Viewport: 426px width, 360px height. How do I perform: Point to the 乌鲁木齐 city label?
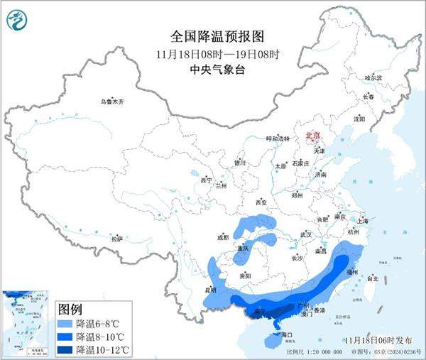(x=111, y=102)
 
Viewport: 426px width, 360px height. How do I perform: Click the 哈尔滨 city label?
(x=373, y=77)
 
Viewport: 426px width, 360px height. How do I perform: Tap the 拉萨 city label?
(x=117, y=239)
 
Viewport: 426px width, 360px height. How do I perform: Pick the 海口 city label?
(x=287, y=334)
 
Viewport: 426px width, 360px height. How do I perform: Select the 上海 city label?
(x=362, y=221)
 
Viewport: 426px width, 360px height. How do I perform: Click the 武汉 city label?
(x=306, y=234)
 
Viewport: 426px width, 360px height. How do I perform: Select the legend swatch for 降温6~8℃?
(x=65, y=323)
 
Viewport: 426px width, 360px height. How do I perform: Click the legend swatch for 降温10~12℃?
(x=65, y=349)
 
